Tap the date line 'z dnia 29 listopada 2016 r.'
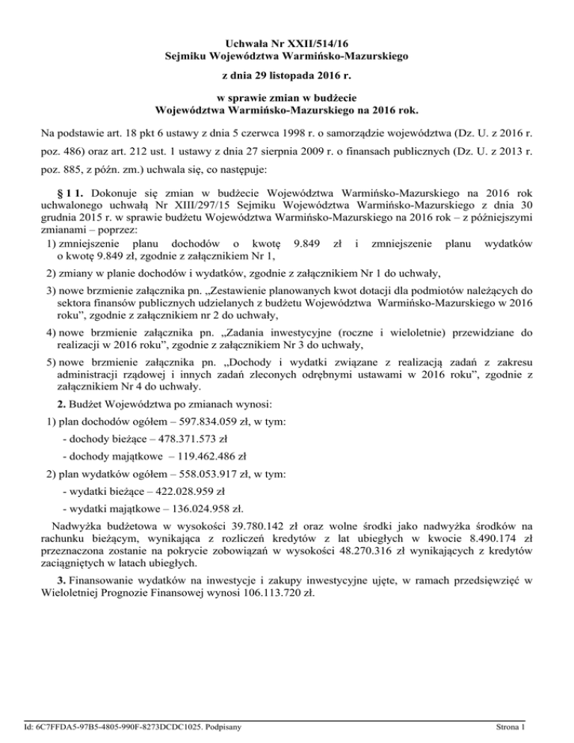(286, 76)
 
